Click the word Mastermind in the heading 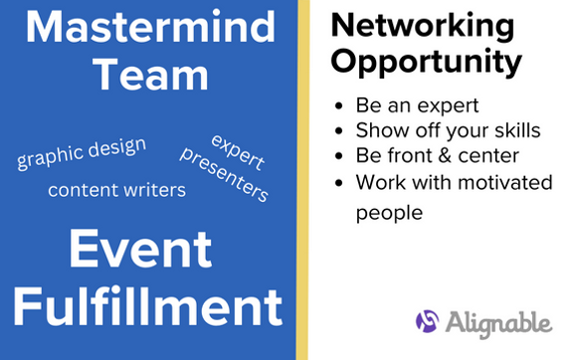[147, 28]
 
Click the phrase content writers [116, 189]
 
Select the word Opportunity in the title [426, 61]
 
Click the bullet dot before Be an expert [341, 104]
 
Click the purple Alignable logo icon [428, 322]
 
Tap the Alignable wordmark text [498, 323]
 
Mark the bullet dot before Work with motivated [341, 183]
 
